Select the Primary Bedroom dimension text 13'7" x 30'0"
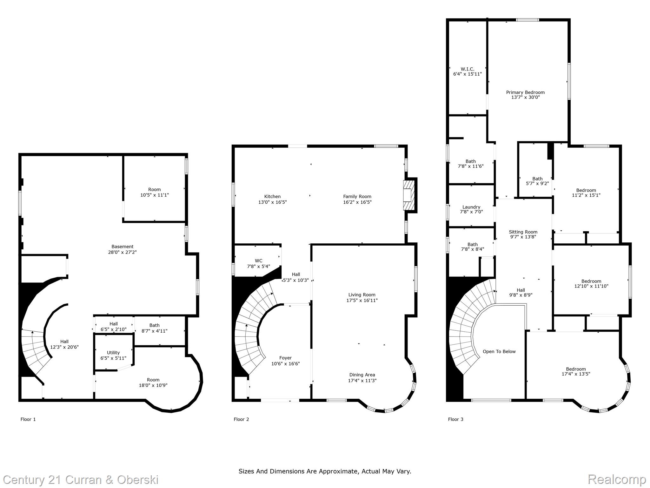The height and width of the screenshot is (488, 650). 525,97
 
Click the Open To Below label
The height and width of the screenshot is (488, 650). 499,351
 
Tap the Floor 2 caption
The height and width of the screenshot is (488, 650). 241,419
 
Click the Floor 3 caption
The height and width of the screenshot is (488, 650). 455,419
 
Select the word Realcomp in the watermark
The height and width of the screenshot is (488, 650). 617,479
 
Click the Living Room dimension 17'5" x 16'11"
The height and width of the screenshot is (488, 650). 362,300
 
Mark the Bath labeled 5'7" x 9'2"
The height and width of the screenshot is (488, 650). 537,181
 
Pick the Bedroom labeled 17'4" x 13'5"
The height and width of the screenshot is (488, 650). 576,371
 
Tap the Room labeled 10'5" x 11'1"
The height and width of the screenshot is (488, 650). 155,192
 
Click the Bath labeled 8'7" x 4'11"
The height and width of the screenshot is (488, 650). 155,328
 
